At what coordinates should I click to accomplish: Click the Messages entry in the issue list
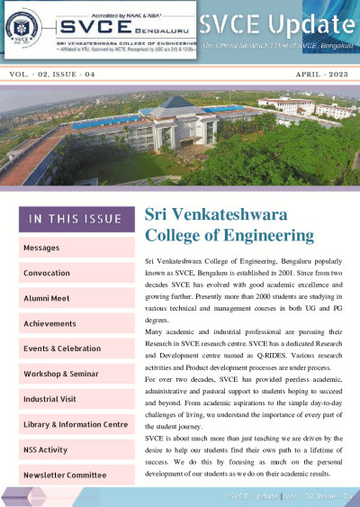pos(41,248)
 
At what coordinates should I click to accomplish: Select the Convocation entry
pos(47,273)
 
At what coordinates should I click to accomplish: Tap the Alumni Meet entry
pos(47,298)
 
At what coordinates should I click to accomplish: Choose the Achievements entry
pos(49,323)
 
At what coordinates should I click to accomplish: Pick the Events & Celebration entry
pos(62,348)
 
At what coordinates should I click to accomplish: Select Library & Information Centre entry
pos(76,424)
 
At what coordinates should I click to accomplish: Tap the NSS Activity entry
pos(46,449)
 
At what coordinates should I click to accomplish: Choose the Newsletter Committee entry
pos(65,475)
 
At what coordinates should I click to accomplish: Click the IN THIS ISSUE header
pos(76,219)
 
